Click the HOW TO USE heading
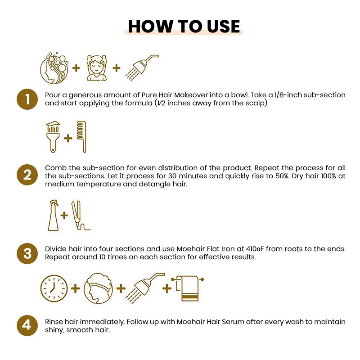184,26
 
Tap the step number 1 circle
28,99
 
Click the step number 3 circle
28,253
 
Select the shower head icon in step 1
143,67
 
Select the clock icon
54,288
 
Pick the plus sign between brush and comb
68,138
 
